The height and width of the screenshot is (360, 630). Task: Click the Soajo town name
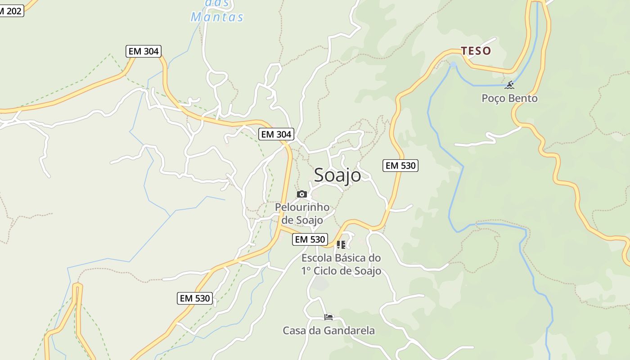[x=337, y=175]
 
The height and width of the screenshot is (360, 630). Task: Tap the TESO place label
[x=476, y=51]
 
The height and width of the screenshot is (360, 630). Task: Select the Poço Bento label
[x=509, y=98]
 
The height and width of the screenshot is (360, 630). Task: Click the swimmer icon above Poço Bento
[x=509, y=85]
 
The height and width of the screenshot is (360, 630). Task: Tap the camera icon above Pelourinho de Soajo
[x=302, y=194]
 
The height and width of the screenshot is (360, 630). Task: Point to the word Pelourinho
[x=302, y=207]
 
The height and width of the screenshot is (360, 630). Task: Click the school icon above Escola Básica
[x=341, y=245]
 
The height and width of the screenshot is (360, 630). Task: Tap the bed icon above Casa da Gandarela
[x=328, y=317]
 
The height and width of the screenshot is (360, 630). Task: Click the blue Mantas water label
[x=217, y=17]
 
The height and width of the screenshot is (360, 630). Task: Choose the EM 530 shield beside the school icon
[x=310, y=239]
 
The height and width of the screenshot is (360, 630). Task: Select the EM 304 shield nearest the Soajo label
[x=276, y=134]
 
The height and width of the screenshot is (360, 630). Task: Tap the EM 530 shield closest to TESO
[x=400, y=166]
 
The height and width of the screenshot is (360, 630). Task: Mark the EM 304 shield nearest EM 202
[x=144, y=51]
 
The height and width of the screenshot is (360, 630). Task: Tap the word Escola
[x=315, y=258]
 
